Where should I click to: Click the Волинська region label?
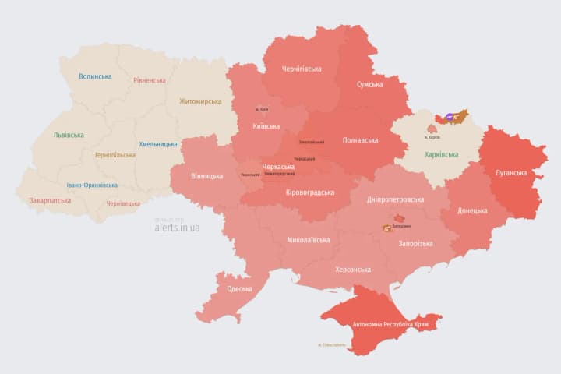[95, 76]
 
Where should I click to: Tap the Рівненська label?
[149, 80]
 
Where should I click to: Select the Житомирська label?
[199, 101]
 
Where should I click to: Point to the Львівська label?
[69, 134]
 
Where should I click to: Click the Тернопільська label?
[115, 155]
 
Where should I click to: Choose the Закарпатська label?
[50, 200]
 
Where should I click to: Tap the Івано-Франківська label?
[92, 185]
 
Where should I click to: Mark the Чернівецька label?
[123, 203]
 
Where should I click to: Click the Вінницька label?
[206, 176]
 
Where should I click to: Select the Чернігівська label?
[301, 69]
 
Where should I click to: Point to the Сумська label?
[369, 84]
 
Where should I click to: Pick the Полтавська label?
[360, 140]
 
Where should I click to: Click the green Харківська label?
[441, 155]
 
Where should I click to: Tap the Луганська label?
[510, 172]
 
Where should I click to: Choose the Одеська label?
[239, 289]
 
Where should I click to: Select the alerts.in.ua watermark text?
[177, 228]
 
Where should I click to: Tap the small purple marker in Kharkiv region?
[450, 117]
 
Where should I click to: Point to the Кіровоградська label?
[309, 192]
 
